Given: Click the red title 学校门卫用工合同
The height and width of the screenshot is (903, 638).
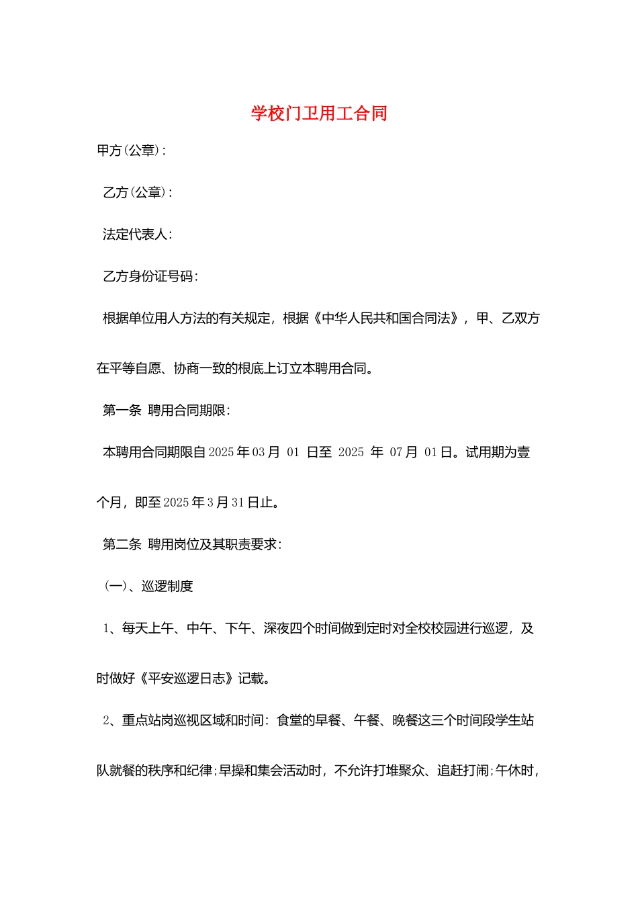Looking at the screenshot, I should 319,113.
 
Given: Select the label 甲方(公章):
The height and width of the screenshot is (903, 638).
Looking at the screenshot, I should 131,150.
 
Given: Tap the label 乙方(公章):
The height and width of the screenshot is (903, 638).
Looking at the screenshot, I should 137,193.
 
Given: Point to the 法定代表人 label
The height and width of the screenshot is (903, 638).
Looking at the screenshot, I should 136,234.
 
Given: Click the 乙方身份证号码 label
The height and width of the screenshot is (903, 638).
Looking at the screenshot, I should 150,276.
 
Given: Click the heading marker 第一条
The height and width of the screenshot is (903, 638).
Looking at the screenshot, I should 122,411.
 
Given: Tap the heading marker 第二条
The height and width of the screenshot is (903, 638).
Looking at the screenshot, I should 122,544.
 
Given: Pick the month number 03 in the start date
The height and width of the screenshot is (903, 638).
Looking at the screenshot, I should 259,452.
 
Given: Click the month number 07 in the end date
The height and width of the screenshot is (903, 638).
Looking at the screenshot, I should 396,452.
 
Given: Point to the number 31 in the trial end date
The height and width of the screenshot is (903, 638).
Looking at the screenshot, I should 238,503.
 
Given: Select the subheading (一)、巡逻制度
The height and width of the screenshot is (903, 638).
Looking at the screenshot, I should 148,587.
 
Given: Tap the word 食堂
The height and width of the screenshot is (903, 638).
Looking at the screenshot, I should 289,720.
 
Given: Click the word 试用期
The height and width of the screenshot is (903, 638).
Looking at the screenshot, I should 485,452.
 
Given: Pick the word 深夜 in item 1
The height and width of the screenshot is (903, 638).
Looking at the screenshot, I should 276,628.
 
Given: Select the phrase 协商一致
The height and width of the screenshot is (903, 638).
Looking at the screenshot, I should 199,368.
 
